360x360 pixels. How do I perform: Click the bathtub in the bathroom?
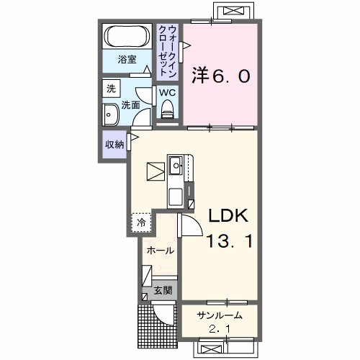[127, 36]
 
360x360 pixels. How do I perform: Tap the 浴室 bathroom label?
[127, 59]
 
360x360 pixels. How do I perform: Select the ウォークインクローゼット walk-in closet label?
[168, 51]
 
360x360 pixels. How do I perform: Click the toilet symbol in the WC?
[168, 109]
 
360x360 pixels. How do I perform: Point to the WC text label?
[168, 92]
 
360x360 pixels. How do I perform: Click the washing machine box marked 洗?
[111, 89]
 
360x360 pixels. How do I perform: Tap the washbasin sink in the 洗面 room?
[111, 115]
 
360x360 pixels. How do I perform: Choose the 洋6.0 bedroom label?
[221, 76]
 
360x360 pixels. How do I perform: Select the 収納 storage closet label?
[114, 145]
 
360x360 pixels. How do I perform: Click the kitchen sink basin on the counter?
[176, 165]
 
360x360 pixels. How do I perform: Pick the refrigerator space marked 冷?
[141, 222]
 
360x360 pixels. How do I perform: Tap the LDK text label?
[228, 215]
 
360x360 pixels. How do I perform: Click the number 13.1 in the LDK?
[230, 241]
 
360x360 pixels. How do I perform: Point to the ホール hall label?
[160, 251]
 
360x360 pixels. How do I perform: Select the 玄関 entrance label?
[163, 291]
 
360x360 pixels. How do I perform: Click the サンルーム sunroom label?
[220, 315]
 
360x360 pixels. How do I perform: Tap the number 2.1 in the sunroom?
[220, 328]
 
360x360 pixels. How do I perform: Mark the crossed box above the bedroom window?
[233, 11]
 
